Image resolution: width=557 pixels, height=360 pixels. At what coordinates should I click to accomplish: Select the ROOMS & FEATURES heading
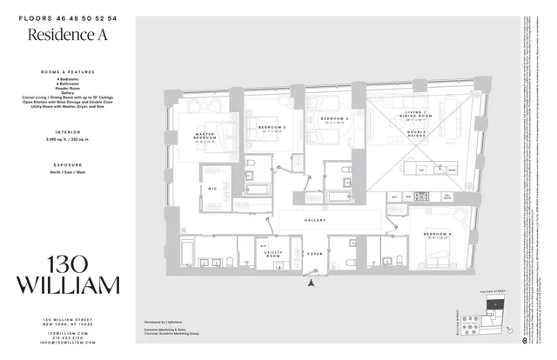click(x=67, y=71)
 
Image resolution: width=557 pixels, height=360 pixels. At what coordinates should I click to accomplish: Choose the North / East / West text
click(x=67, y=171)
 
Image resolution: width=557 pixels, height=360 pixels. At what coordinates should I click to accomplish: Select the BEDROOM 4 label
click(x=437, y=235)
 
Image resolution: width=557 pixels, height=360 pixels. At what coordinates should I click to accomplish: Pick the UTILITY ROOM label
click(x=272, y=255)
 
